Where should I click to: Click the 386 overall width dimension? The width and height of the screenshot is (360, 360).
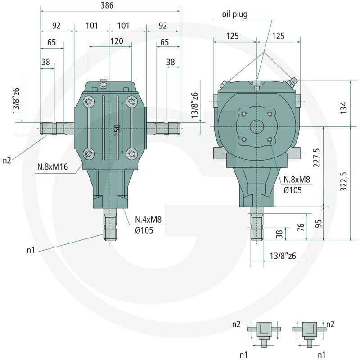(x=107, y=5)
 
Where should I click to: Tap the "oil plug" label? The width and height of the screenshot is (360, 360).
(x=234, y=14)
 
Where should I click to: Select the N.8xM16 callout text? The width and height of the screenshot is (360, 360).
(x=53, y=166)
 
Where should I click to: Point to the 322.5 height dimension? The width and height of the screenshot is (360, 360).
(x=343, y=181)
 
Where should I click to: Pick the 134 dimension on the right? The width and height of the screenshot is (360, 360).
(x=343, y=108)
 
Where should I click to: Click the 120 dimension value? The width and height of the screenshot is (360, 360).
(x=117, y=41)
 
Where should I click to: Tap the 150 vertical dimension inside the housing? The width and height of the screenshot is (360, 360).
(x=117, y=130)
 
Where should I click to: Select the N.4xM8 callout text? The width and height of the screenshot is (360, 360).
(x=148, y=220)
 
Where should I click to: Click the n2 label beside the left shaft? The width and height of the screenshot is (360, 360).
(x=7, y=160)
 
